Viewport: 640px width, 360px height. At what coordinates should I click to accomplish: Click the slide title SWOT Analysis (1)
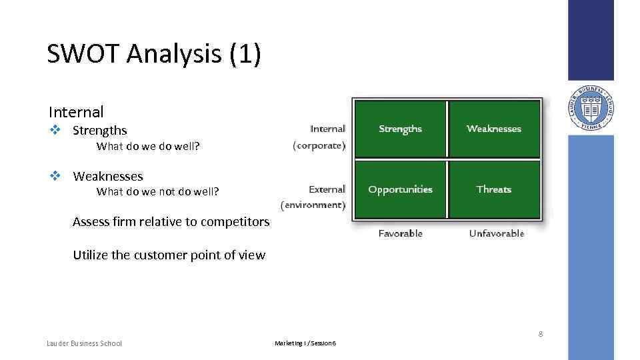click(154, 54)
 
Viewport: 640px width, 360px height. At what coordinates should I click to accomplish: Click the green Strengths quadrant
click(400, 129)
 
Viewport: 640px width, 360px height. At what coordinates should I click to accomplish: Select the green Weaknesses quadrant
click(494, 129)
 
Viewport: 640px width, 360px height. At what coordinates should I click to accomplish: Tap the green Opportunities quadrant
click(400, 189)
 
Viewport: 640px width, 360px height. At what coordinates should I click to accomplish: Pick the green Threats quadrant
click(494, 189)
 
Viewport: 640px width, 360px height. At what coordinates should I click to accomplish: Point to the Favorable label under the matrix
click(400, 233)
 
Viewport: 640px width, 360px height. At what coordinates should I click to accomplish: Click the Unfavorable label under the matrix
click(496, 233)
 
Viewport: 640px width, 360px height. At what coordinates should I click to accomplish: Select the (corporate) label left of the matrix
click(319, 145)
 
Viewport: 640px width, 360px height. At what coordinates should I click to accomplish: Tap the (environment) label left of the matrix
click(313, 205)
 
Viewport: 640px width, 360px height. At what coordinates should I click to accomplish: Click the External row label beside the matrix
click(327, 190)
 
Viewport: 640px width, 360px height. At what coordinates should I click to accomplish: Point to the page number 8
click(541, 334)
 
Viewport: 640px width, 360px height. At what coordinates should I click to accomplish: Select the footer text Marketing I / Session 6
click(305, 343)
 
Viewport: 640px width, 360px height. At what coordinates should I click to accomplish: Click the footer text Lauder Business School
click(85, 343)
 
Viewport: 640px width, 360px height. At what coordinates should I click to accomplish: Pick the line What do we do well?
click(148, 146)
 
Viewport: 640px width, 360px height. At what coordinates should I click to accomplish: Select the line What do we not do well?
click(157, 192)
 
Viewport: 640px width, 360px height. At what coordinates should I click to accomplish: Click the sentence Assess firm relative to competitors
click(171, 222)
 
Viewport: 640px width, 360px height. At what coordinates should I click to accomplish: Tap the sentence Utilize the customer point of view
click(169, 255)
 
